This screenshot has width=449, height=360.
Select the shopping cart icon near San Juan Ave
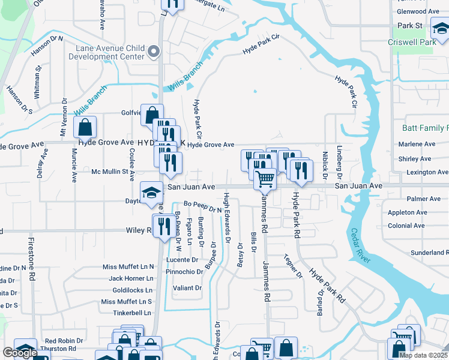(x=265, y=178)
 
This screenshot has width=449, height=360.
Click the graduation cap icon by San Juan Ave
(x=151, y=193)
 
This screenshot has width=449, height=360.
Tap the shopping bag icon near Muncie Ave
(x=85, y=127)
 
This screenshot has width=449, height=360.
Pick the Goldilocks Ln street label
(x=129, y=290)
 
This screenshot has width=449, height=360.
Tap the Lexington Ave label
(x=427, y=172)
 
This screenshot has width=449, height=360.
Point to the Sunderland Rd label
(x=427, y=253)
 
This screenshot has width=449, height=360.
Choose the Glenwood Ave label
(x=418, y=11)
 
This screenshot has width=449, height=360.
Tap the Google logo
(x=20, y=353)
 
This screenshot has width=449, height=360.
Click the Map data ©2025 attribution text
(x=423, y=355)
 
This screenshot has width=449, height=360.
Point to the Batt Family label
(x=426, y=128)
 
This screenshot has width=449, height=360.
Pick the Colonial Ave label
(x=406, y=226)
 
